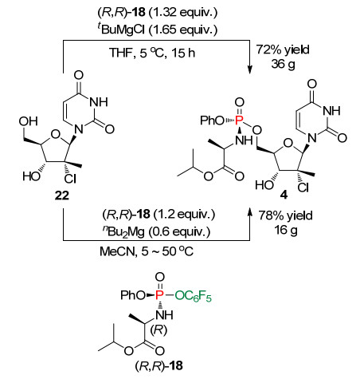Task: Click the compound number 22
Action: coord(61,195)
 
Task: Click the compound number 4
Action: coord(284,195)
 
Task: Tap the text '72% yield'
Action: coord(283,49)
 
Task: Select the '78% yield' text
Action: coord(286,215)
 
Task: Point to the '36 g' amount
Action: coord(283,64)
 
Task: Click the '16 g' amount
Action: coord(286,230)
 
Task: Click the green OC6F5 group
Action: coord(193,296)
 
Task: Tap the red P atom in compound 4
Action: coord(239,120)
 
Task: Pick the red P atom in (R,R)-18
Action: coord(159,295)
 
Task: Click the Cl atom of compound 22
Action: coord(70,179)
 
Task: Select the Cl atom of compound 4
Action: coord(303,188)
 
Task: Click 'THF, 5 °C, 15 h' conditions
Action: coord(152,53)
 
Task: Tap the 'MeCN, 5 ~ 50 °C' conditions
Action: coord(147,251)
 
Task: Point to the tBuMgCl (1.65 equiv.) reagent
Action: coord(157,30)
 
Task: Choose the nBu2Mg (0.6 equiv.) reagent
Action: coord(156,232)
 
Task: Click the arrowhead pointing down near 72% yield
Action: coord(249,69)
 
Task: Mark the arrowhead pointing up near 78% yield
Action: coord(249,211)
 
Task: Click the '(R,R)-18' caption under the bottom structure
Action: coord(158,366)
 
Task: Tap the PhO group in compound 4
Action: coord(212,120)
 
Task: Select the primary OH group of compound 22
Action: coord(29,121)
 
